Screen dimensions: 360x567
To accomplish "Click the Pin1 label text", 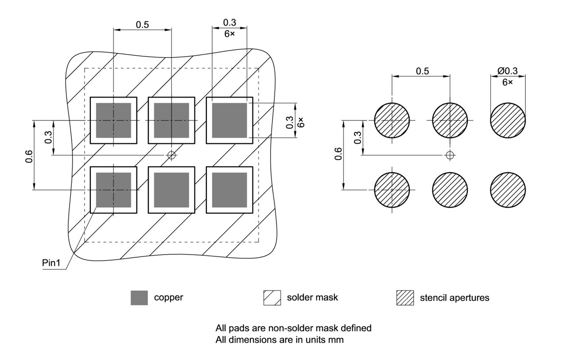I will pyautogui.click(x=51, y=263).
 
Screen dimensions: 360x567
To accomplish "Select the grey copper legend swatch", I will pyautogui.click(x=139, y=298).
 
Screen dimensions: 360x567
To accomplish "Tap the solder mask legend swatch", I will pyautogui.click(x=272, y=298).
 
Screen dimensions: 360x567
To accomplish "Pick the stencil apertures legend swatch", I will pyautogui.click(x=405, y=298).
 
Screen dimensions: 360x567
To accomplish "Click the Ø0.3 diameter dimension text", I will pyautogui.click(x=507, y=71).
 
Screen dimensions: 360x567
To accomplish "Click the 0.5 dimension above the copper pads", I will pyautogui.click(x=142, y=25).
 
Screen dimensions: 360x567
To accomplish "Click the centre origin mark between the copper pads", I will pyautogui.click(x=171, y=155).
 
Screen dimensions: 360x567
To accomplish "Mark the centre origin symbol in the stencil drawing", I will pyautogui.click(x=450, y=155).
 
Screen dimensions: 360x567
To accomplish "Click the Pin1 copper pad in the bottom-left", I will pyautogui.click(x=113, y=190).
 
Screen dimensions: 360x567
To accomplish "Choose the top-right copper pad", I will pyautogui.click(x=229, y=120).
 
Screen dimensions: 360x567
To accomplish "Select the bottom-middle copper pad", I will pyautogui.click(x=171, y=190).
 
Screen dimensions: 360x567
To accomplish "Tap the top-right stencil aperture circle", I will pyautogui.click(x=508, y=120).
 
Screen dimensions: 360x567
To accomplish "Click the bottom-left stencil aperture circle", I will pyautogui.click(x=392, y=190).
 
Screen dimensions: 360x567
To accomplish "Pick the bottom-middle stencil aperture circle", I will pyautogui.click(x=450, y=190).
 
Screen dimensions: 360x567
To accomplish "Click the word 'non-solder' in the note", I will pyautogui.click(x=278, y=329).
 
